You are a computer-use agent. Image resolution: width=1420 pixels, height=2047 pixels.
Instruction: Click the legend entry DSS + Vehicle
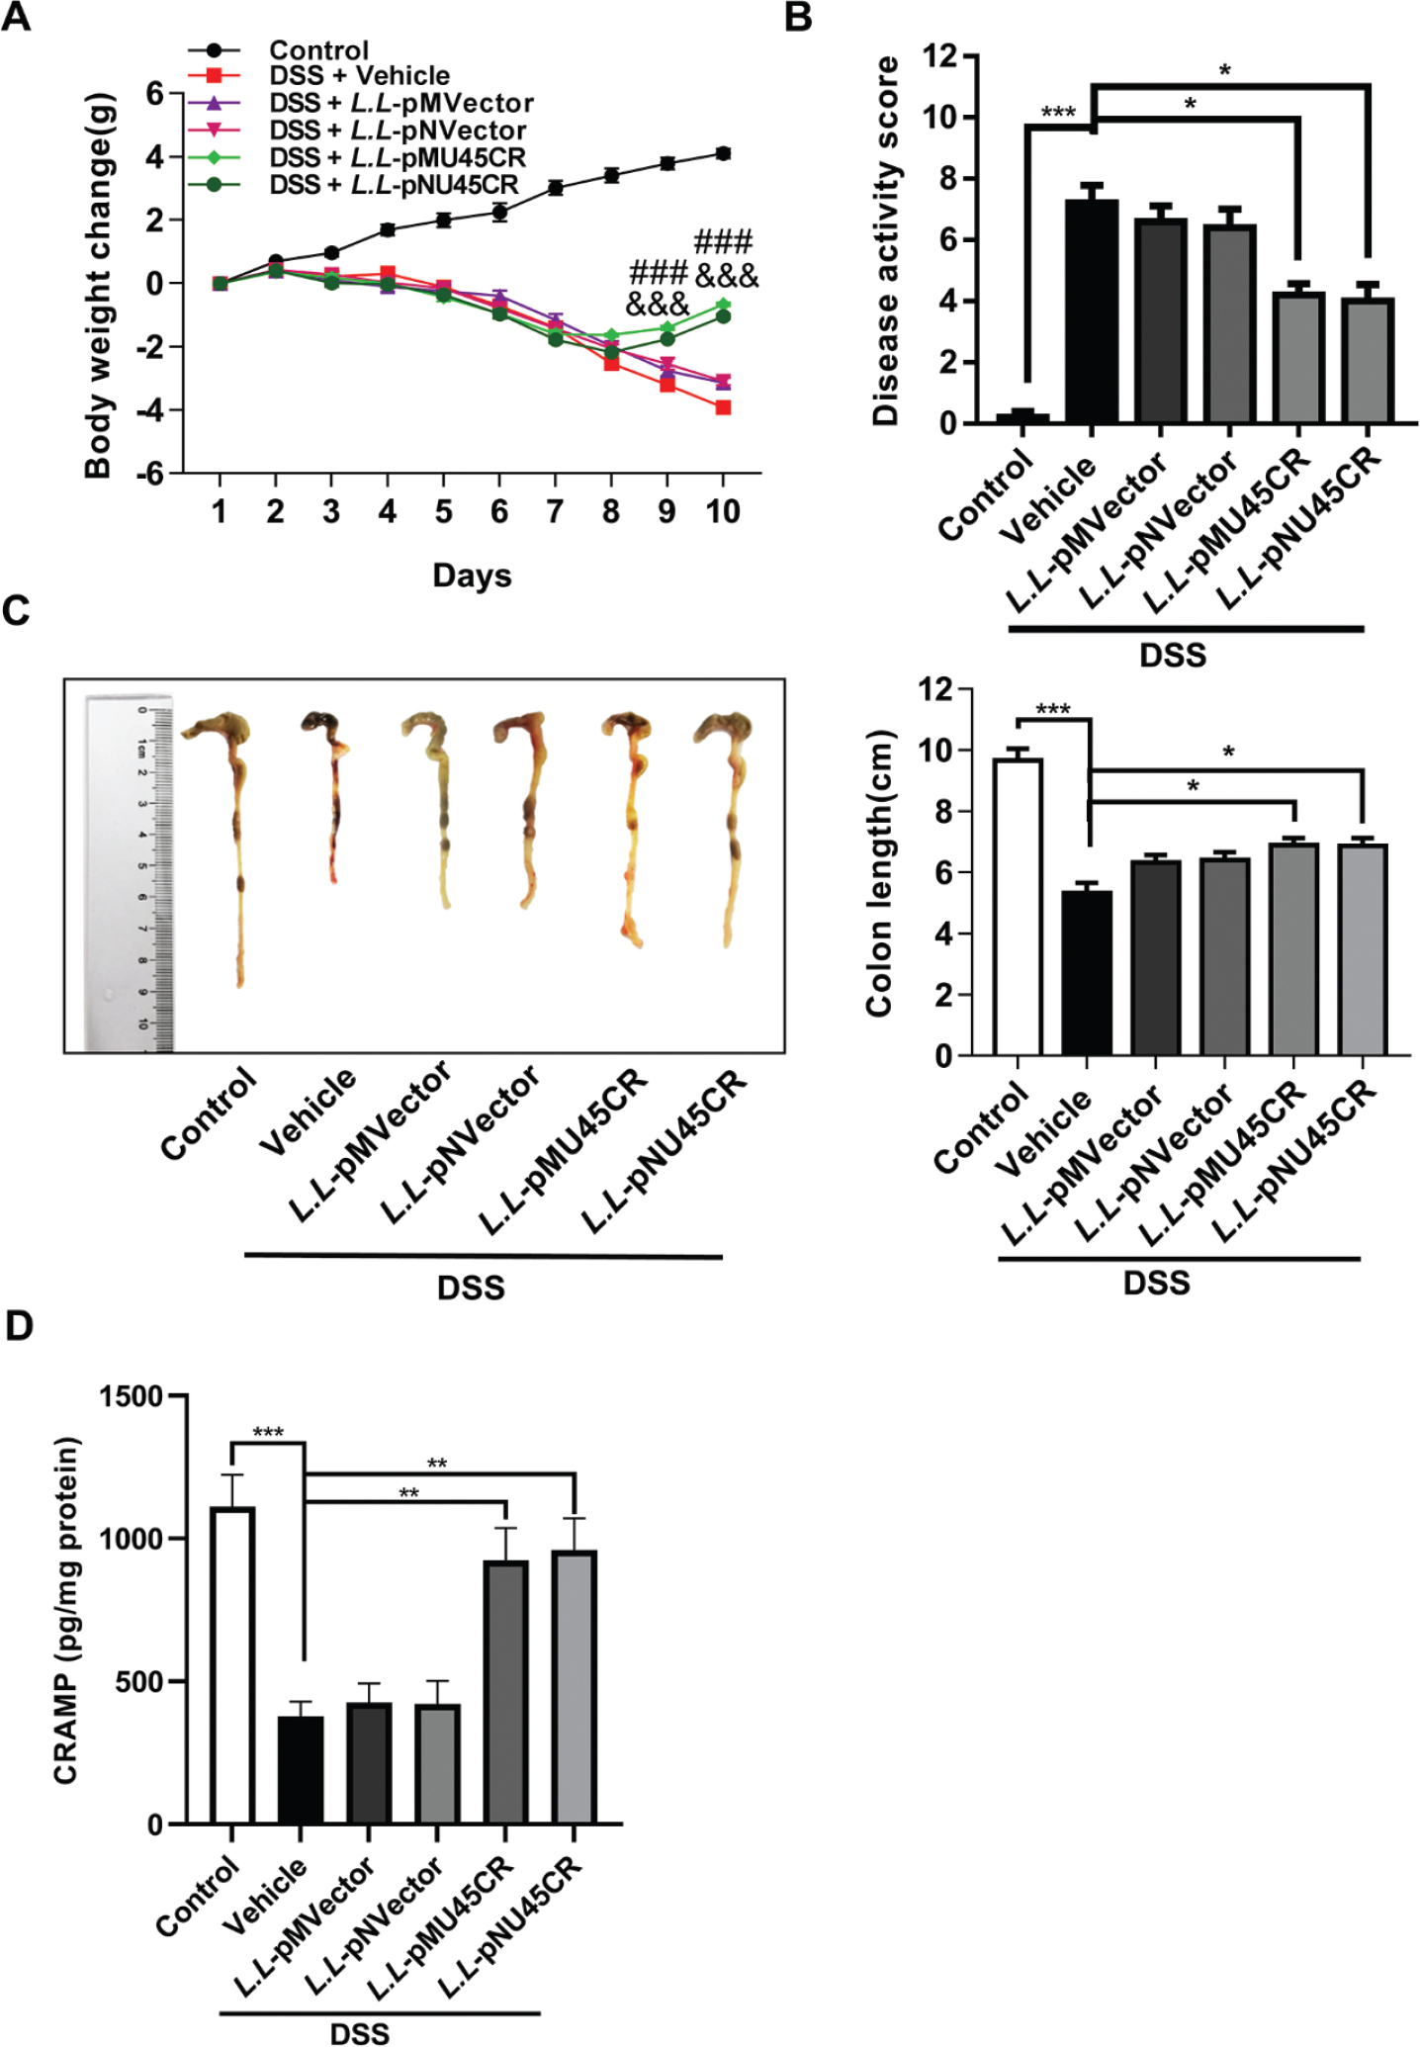click(x=359, y=76)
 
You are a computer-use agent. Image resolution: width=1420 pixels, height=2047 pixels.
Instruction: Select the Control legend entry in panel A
click(x=318, y=49)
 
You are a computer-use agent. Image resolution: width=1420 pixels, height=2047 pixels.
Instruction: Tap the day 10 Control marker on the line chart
click(x=723, y=153)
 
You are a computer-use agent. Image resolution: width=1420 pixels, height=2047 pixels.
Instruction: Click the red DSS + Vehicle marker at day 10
click(x=723, y=407)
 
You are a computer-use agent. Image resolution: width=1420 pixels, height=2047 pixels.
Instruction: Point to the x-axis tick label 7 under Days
click(x=555, y=511)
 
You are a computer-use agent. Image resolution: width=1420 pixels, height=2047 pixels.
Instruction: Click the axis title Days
click(x=472, y=576)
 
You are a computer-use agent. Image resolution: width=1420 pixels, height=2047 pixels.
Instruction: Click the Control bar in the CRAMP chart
click(x=231, y=1665)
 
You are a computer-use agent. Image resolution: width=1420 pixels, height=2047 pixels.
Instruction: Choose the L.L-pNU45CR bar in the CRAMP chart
click(x=575, y=1687)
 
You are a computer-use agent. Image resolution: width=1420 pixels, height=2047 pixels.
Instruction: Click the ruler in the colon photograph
click(x=130, y=871)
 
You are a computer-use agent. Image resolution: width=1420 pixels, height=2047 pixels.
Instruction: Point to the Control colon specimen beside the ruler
click(x=234, y=841)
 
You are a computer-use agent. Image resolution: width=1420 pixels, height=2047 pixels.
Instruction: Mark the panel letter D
click(x=19, y=1327)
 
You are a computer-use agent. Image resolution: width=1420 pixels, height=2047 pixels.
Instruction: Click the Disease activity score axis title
click(x=886, y=241)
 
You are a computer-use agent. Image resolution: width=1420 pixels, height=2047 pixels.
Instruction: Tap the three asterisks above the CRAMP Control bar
click(x=268, y=1433)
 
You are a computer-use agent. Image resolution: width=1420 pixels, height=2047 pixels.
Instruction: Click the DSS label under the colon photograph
click(x=471, y=1288)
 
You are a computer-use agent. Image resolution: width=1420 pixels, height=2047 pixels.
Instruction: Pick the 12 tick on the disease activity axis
click(x=939, y=56)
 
